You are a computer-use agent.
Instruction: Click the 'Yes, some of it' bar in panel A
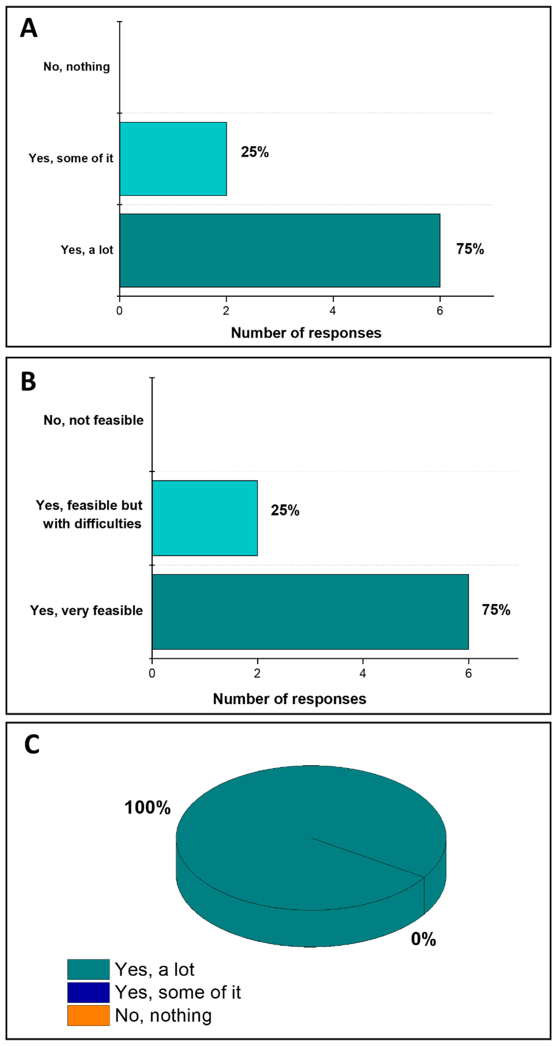click(173, 159)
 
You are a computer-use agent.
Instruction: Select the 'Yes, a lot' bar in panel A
click(279, 250)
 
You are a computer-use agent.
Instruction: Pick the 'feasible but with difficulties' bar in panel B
click(205, 518)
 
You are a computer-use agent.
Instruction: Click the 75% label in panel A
click(470, 249)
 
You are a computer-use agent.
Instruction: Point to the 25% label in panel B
click(285, 510)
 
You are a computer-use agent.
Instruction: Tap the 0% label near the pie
click(423, 939)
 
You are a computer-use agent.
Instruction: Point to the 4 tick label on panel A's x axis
click(333, 311)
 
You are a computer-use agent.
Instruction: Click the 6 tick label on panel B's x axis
click(468, 674)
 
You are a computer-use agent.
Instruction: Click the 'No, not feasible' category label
click(93, 420)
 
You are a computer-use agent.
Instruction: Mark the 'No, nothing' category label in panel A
click(77, 67)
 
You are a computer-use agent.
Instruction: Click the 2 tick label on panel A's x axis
click(226, 311)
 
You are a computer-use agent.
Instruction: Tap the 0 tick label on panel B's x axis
click(152, 674)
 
